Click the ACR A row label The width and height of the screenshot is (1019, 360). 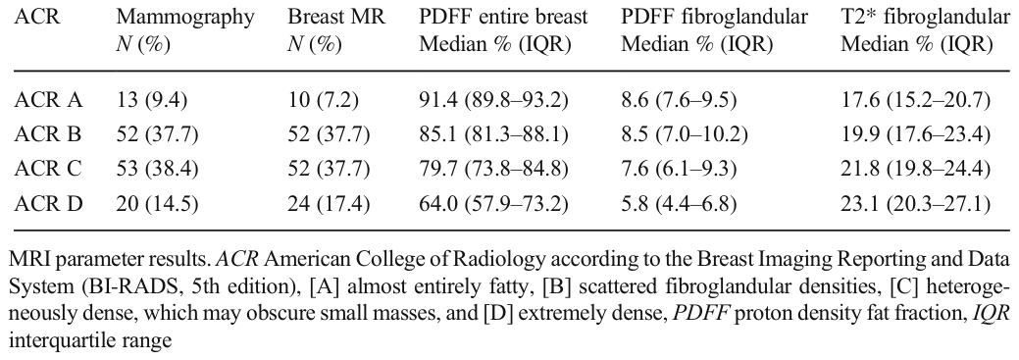47,101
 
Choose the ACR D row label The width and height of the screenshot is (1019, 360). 47,204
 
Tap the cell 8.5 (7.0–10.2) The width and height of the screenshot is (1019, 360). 685,135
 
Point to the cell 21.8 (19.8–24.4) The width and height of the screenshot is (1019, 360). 916,170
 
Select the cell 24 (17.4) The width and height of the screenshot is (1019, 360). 329,204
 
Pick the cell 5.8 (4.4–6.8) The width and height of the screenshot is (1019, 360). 679,204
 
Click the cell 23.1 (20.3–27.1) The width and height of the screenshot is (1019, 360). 916,204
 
